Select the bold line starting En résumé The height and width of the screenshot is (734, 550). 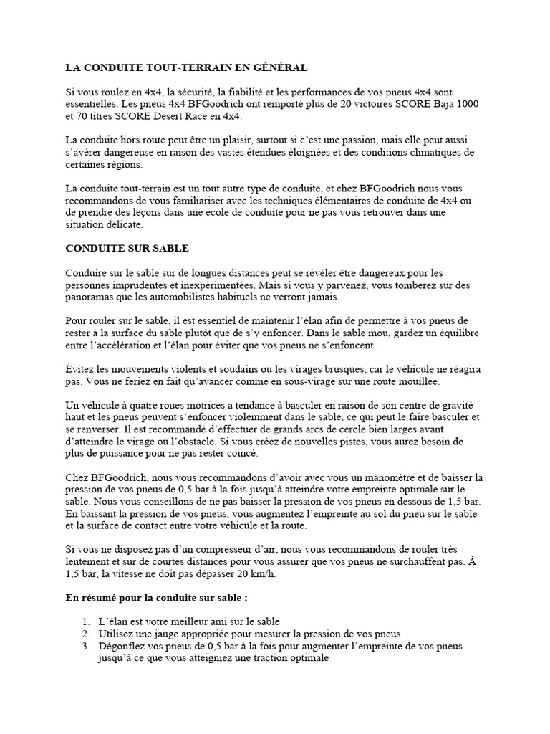coord(156,597)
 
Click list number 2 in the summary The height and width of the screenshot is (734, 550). coord(85,634)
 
